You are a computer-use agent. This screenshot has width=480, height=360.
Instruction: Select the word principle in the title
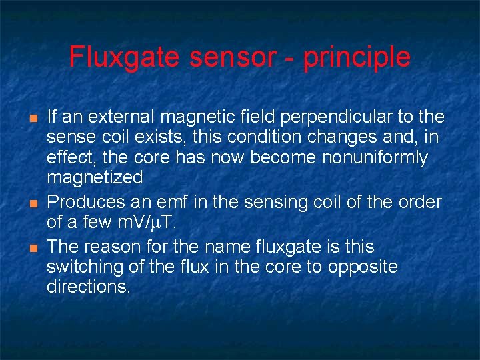pyautogui.click(x=357, y=57)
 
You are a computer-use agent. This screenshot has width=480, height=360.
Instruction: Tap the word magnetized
pyautogui.click(x=95, y=178)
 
